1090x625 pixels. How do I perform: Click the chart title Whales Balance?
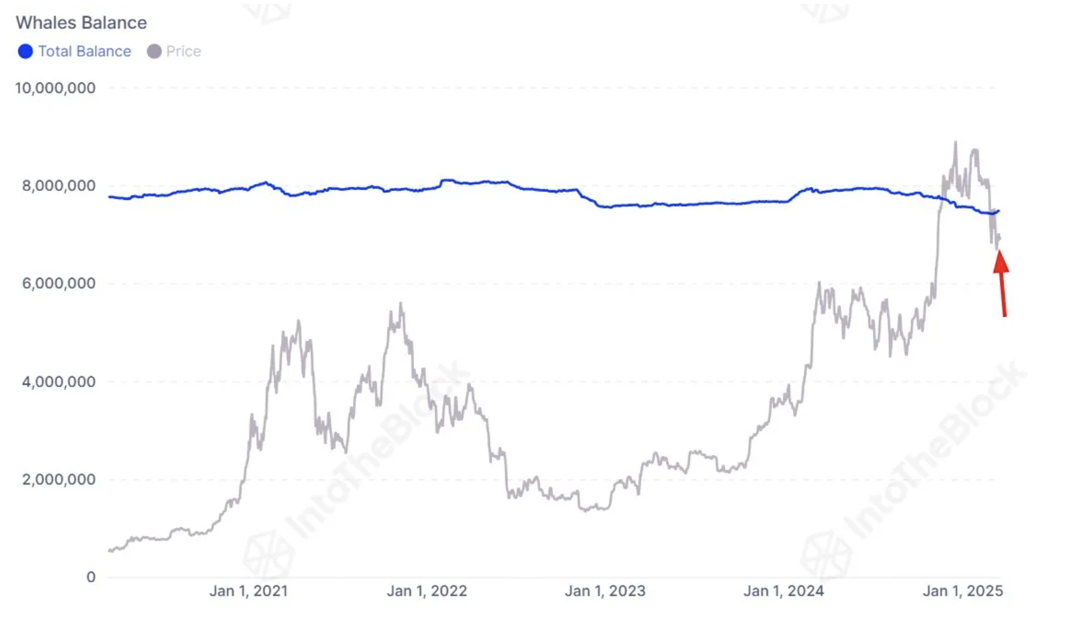tap(81, 23)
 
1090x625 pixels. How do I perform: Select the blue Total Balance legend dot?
tap(25, 52)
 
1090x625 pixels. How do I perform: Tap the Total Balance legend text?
tap(85, 52)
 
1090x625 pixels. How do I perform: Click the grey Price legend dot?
tap(154, 52)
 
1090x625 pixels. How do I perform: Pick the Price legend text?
tap(184, 52)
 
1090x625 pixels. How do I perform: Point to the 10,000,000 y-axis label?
tap(55, 88)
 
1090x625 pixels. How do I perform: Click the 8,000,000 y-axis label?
tap(59, 186)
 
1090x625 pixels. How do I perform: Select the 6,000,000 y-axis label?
tap(59, 283)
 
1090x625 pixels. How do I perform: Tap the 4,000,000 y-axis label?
tap(59, 382)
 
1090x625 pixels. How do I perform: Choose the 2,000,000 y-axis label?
tap(59, 479)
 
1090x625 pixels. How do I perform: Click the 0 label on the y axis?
tap(91, 577)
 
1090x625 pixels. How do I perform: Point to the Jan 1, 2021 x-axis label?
tap(249, 591)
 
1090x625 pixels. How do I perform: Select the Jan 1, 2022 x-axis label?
tap(427, 591)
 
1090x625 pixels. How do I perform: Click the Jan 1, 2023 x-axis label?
tap(605, 591)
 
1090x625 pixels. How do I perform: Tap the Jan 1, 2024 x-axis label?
tap(783, 591)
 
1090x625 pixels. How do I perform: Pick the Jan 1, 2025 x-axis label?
tap(963, 591)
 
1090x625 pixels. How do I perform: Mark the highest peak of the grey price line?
tap(955, 143)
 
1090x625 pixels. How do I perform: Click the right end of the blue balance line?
tap(999, 211)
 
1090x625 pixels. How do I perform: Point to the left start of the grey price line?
tap(109, 551)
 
